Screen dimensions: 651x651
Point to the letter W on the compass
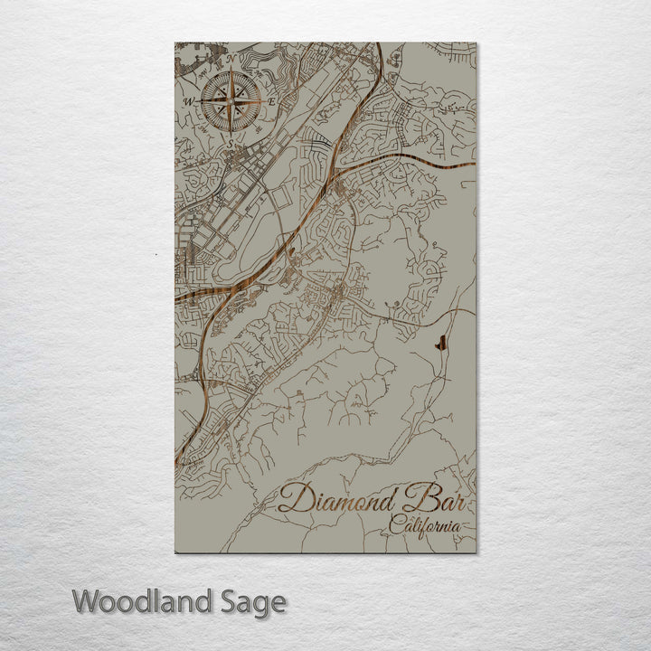click(x=188, y=101)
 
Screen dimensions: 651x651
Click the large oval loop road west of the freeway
click(x=241, y=259)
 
